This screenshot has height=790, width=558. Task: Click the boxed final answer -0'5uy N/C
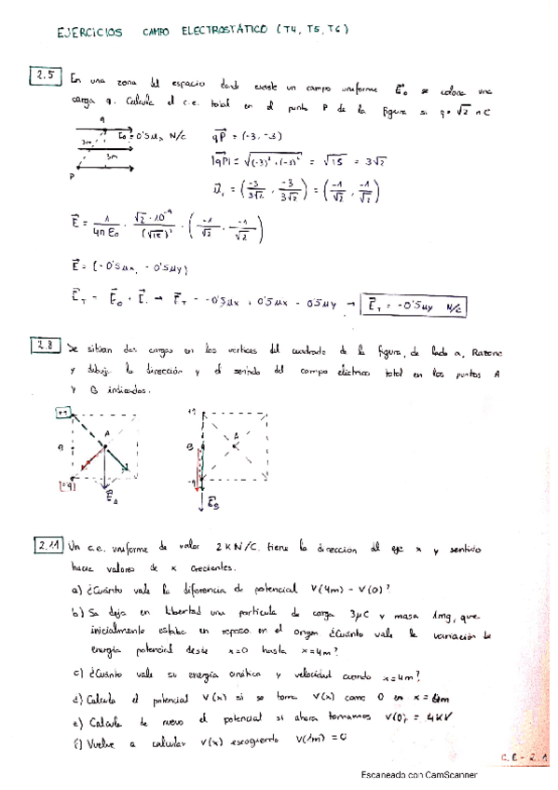pyautogui.click(x=417, y=306)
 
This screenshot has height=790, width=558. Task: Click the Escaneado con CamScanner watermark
pyautogui.click(x=419, y=774)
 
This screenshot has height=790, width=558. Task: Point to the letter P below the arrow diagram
pyautogui.click(x=73, y=176)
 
